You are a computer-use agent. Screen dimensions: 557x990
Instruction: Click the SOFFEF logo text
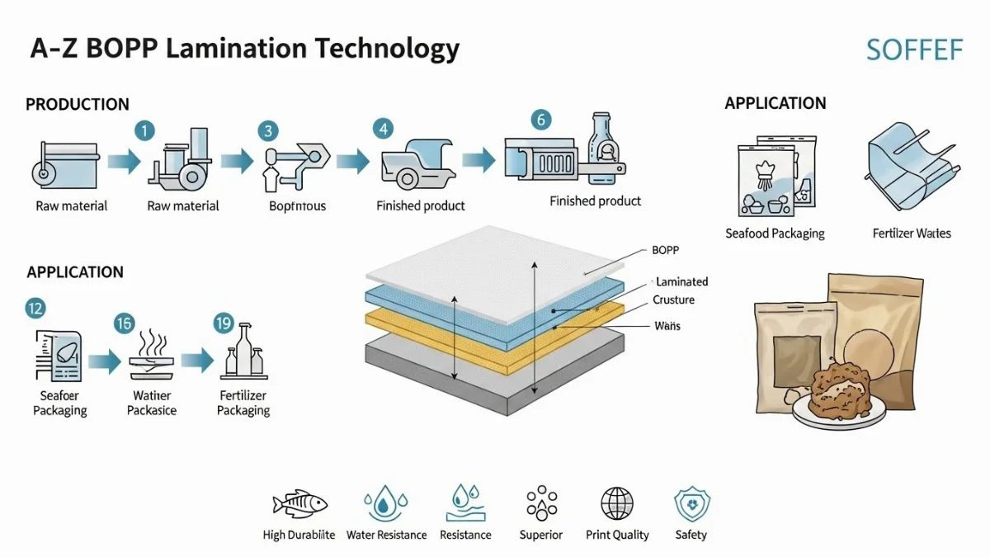(914, 50)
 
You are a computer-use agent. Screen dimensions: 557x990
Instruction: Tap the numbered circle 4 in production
(382, 129)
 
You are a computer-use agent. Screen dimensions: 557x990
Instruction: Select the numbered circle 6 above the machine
(541, 120)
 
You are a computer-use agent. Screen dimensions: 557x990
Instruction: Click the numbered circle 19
(224, 323)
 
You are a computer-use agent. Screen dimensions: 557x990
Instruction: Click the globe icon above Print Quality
(617, 503)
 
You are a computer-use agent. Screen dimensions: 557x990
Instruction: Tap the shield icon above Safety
(691, 503)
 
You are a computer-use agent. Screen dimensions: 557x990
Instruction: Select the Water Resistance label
(386, 535)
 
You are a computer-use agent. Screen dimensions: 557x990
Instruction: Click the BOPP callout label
(665, 250)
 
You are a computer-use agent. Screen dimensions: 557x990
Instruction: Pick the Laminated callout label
(681, 282)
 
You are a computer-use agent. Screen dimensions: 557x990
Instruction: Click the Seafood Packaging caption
(775, 234)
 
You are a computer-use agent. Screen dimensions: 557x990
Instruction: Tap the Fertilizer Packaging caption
(243, 403)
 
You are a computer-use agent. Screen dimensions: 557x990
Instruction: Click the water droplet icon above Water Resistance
(382, 503)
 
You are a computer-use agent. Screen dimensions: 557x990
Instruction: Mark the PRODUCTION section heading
(78, 105)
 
